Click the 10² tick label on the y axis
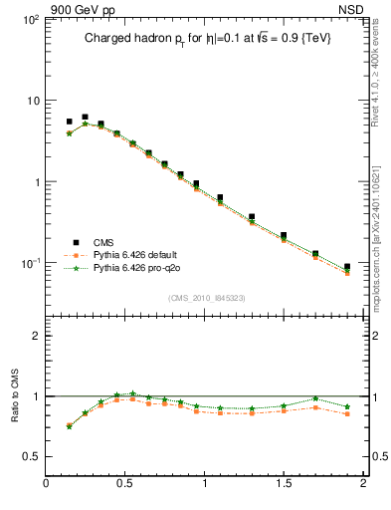click(x=29, y=20)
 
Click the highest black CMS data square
click(x=85, y=117)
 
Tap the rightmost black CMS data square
click(x=347, y=267)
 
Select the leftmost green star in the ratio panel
click(x=69, y=426)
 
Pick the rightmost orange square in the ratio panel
click(x=347, y=413)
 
